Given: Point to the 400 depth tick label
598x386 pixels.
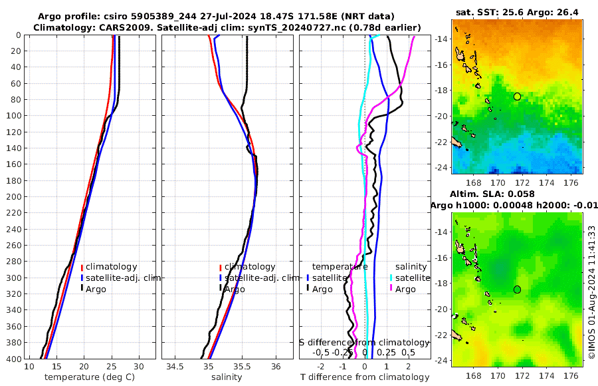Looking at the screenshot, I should point(13,359).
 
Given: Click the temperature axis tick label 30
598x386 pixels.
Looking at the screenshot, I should point(139,367).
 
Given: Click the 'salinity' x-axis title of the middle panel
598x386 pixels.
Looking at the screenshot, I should point(227,377).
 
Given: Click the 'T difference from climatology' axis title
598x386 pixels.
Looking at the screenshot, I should point(364,377).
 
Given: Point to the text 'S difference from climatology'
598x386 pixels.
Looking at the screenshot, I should point(365,342).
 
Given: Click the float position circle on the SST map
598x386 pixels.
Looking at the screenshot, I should point(517,96).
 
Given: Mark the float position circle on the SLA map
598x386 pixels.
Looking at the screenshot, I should point(517,289).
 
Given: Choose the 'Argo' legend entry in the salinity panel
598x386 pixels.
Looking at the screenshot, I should point(235,289).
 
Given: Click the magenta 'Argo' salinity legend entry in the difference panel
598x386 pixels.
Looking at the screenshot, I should point(405,289).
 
